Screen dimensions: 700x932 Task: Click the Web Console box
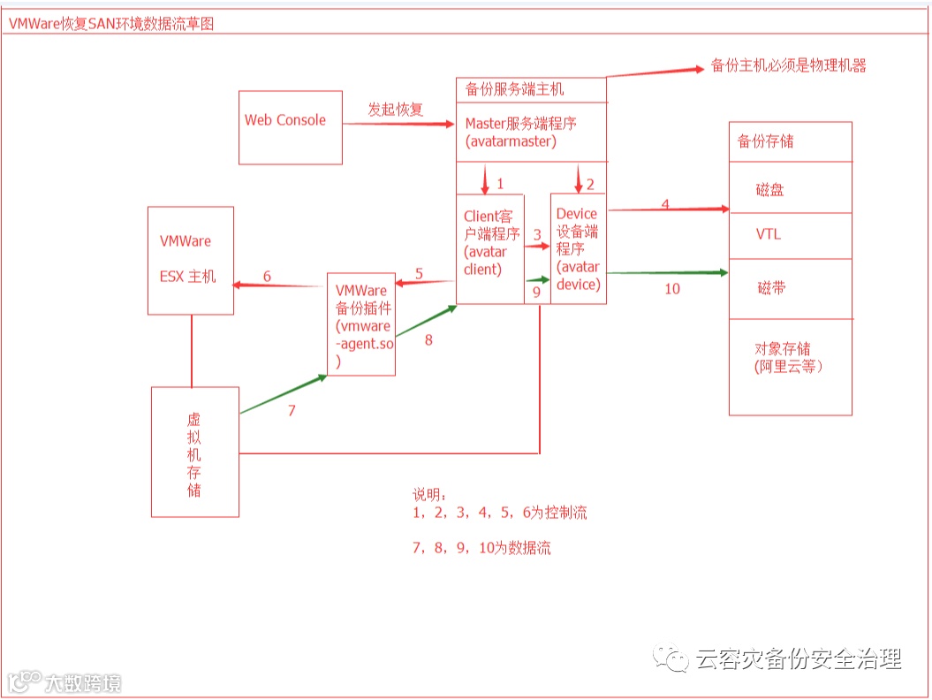click(x=291, y=127)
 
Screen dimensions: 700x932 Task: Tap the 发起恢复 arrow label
click(x=396, y=110)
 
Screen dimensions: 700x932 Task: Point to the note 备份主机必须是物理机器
click(x=789, y=65)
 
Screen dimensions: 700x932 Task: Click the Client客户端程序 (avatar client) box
click(x=489, y=247)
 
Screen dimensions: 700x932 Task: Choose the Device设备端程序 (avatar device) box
click(x=578, y=248)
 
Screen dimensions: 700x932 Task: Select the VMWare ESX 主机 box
click(x=190, y=260)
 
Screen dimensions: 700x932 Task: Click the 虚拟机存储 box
click(x=194, y=451)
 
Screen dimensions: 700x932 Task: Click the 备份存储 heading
click(x=765, y=141)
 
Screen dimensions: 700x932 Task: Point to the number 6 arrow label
click(x=267, y=277)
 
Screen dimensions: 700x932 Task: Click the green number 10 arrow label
click(x=672, y=288)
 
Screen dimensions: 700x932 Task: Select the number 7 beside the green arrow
click(x=292, y=411)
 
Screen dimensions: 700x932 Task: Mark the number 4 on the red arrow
click(x=665, y=205)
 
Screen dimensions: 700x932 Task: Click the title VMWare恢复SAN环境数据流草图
click(x=111, y=24)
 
